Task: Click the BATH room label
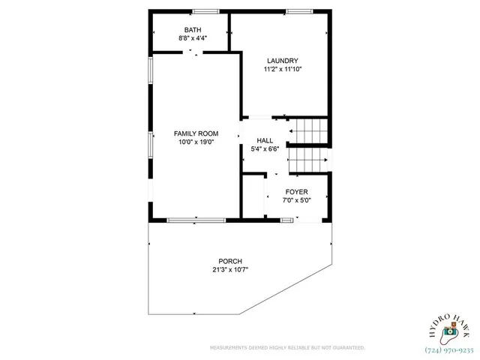[193, 30]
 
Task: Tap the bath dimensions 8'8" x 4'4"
[193, 38]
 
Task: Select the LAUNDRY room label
[283, 61]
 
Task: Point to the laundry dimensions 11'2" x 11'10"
[283, 70]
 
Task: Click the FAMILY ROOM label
[196, 133]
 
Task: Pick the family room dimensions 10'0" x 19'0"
[196, 142]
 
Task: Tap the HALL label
[265, 140]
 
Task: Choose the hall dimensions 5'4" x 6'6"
[265, 149]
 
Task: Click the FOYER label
[296, 192]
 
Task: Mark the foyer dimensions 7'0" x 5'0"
[296, 201]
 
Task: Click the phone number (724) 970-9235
[448, 349]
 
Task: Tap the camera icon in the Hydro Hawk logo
[450, 331]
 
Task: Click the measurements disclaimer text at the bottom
[287, 348]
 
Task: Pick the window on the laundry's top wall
[298, 11]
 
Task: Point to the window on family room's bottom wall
[196, 220]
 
